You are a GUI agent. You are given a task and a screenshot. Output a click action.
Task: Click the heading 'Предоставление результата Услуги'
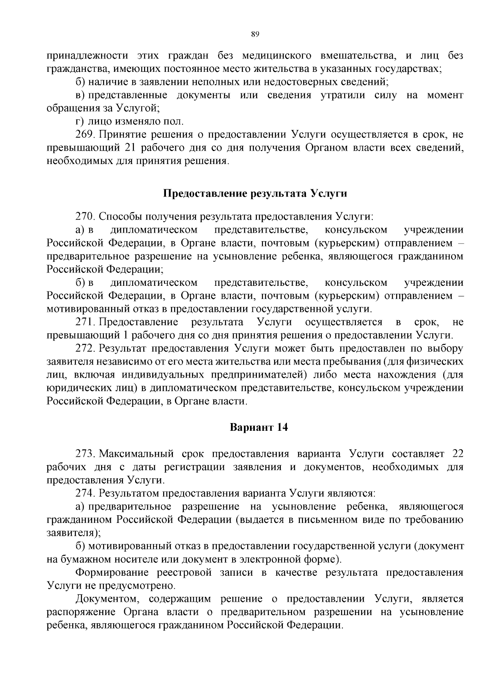[x=255, y=193]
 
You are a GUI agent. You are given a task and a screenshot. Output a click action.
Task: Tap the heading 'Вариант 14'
[x=259, y=428]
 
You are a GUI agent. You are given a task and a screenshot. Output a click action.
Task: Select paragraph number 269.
[x=85, y=134]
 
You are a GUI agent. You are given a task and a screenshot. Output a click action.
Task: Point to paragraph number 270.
[x=85, y=216]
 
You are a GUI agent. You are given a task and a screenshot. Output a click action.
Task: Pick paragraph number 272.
[x=85, y=349]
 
